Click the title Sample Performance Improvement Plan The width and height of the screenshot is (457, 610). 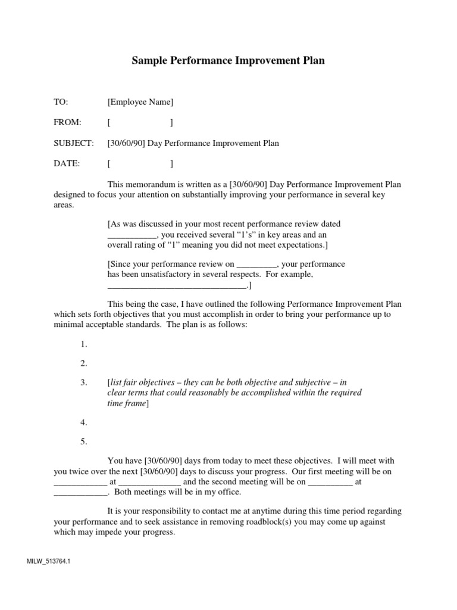click(x=228, y=61)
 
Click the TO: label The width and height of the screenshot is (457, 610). click(x=61, y=103)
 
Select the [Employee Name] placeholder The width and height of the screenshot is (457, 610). click(x=140, y=103)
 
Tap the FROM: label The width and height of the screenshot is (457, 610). click(x=67, y=123)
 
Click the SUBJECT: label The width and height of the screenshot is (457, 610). click(x=74, y=144)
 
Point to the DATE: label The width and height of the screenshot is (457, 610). click(x=66, y=164)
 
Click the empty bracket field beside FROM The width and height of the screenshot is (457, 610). click(x=140, y=123)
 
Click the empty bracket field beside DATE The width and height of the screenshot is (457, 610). click(x=140, y=164)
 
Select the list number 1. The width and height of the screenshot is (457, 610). click(x=83, y=344)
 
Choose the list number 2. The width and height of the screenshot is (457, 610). click(x=83, y=363)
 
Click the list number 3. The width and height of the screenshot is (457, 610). click(x=83, y=382)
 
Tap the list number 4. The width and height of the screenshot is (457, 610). click(x=83, y=422)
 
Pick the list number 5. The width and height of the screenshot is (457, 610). click(x=83, y=441)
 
